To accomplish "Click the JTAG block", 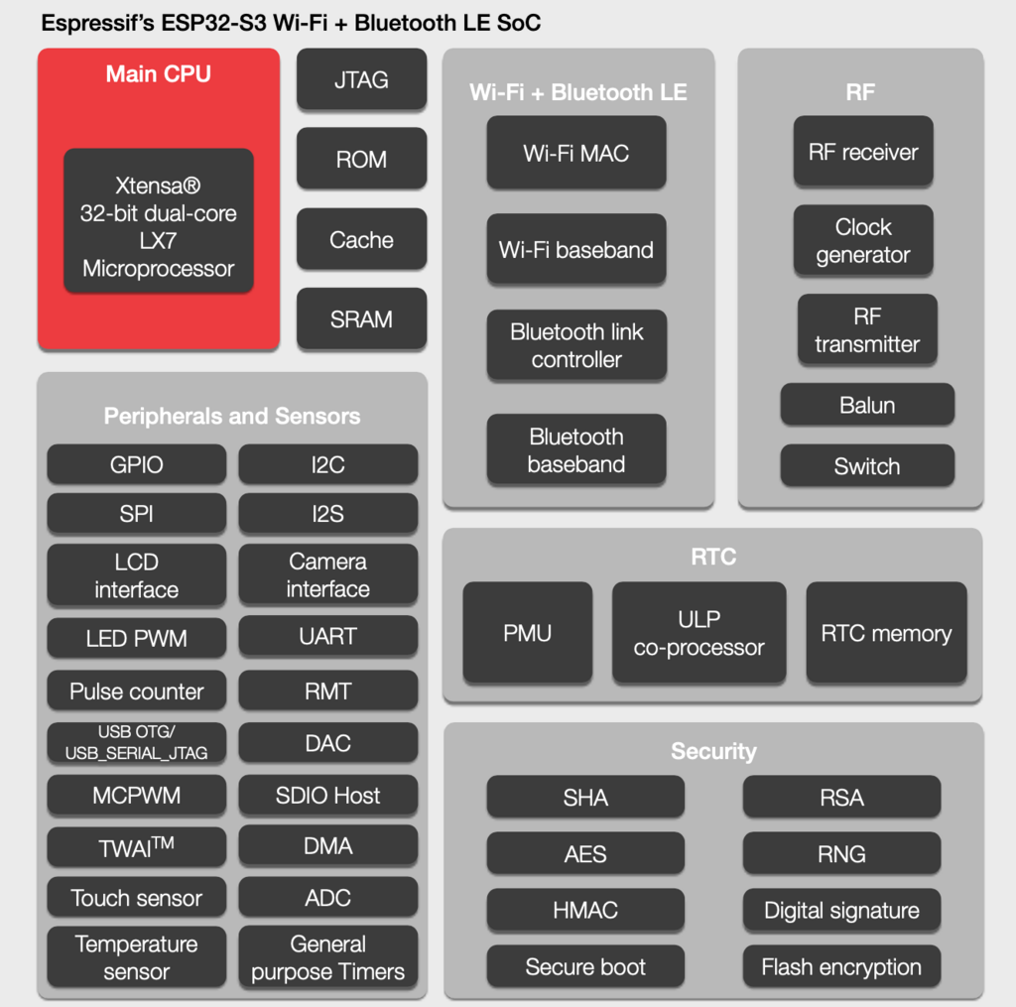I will coord(361,79).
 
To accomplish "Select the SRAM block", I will coord(361,319).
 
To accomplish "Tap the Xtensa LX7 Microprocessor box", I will coord(159,226).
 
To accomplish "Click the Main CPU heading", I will coord(159,74).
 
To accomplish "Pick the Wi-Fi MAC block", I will coord(575,153).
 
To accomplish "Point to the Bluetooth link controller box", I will coord(575,345).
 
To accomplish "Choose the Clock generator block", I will coord(863,240).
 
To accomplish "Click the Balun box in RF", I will coord(867,405).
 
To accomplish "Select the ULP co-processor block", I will coord(698,633).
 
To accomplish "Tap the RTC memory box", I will coord(886,633).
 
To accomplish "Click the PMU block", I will coord(528,633).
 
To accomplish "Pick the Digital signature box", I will coord(841,910).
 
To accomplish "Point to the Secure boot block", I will coord(585,966).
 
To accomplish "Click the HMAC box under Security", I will coord(585,910).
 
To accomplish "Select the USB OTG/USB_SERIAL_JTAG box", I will coord(136,742).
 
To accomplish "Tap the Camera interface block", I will coord(327,575).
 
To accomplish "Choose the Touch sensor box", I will coord(136,898).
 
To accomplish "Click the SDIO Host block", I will coord(327,795).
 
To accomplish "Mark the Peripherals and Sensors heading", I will coord(232,416).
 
